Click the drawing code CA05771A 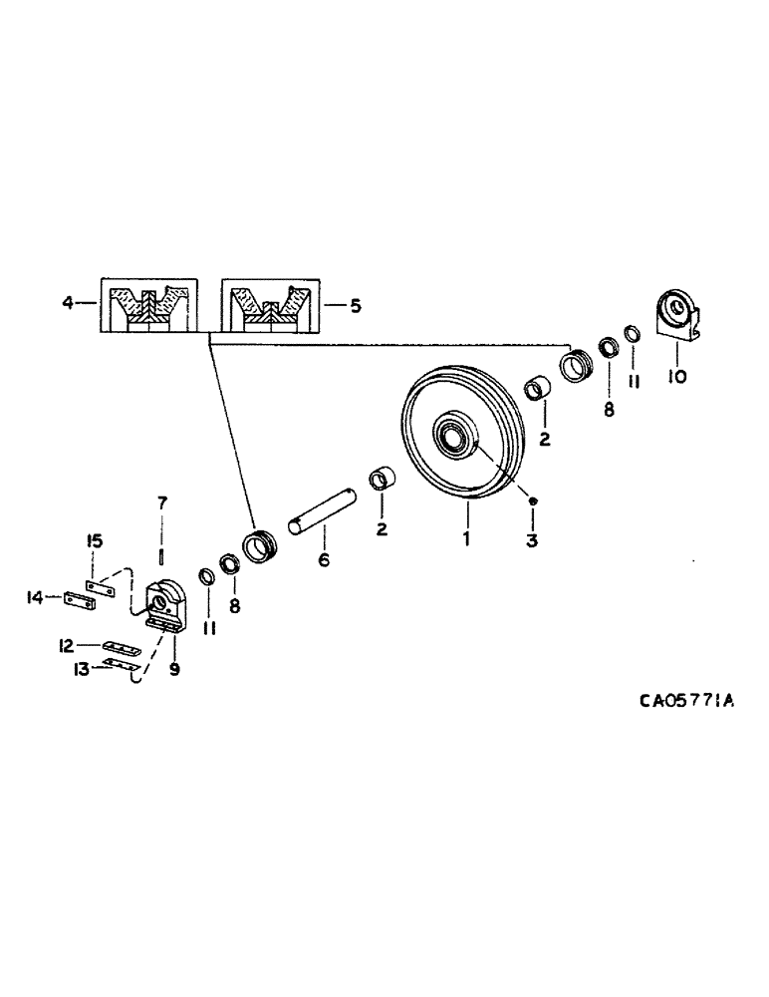click(686, 702)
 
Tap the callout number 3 click(533, 539)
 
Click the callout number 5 click(355, 304)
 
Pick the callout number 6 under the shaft click(323, 559)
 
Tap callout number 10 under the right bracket click(678, 377)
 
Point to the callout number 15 click(95, 541)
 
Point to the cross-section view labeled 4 click(145, 305)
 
